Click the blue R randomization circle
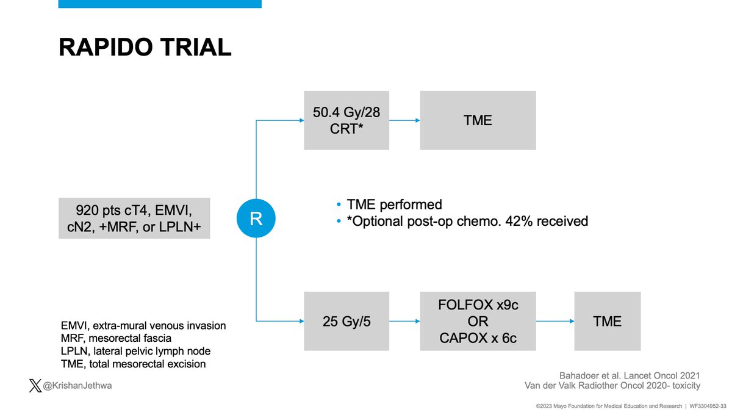256,218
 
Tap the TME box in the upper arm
478,120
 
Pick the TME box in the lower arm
608,321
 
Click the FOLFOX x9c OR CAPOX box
478,321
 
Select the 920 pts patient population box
134,218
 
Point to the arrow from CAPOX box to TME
555,321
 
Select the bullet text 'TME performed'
393,204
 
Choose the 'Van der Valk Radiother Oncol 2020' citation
612,386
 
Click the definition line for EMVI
143,325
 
